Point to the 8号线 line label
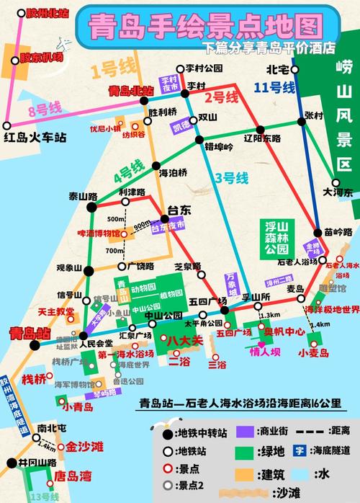[x=42, y=110]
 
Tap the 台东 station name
[x=179, y=210]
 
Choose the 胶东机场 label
[x=36, y=57]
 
